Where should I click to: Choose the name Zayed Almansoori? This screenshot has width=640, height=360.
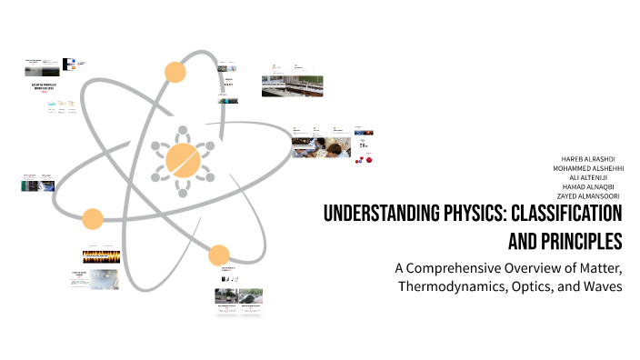point(589,195)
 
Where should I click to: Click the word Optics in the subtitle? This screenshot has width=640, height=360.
point(542,287)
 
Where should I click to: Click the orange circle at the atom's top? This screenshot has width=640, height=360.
point(174,73)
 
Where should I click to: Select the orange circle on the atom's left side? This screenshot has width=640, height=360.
point(92,219)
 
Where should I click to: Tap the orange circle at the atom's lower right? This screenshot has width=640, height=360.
point(218,255)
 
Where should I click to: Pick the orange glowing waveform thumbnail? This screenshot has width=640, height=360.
point(101,256)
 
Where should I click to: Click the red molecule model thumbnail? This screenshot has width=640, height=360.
point(365,160)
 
